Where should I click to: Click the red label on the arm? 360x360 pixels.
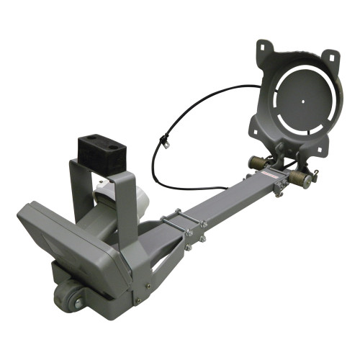(271, 177)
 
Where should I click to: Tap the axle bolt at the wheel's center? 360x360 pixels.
(77, 303)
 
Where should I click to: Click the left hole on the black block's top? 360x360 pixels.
(91, 138)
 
